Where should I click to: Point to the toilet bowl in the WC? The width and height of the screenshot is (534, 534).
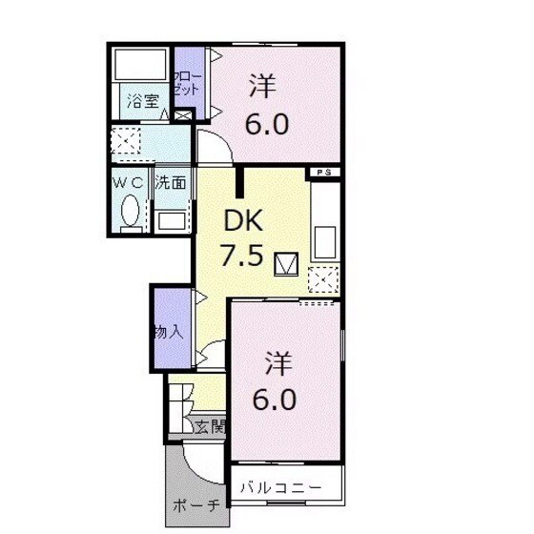click(x=132, y=215)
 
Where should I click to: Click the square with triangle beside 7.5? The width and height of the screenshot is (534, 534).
click(x=285, y=264)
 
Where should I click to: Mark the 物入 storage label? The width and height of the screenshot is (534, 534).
click(x=168, y=333)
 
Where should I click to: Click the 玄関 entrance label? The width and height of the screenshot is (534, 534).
click(x=209, y=426)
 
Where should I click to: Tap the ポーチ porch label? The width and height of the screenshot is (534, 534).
click(x=197, y=503)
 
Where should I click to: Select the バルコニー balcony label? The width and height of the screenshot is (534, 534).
click(x=282, y=488)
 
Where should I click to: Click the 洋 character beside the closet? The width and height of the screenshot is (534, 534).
click(x=263, y=87)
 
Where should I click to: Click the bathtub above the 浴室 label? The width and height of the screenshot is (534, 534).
click(x=138, y=66)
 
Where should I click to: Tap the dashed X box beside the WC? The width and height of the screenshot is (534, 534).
click(x=123, y=143)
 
